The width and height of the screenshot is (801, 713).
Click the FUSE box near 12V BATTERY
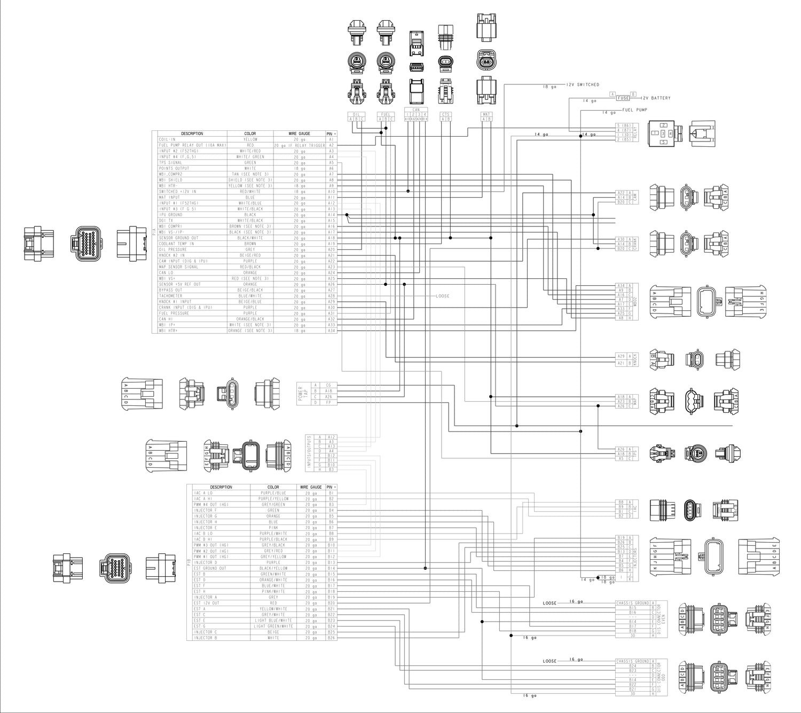point(623,98)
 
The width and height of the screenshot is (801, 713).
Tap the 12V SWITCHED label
point(583,85)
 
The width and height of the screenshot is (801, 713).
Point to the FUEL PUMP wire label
point(634,110)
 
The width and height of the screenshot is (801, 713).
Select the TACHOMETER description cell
point(170,296)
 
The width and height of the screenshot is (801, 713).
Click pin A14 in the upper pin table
point(331,215)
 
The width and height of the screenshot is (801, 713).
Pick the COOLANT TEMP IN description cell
point(176,244)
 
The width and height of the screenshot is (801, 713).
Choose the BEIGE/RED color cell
point(250,255)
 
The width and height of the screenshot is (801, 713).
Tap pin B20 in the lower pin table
point(331,603)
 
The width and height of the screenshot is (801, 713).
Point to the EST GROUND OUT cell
point(210,568)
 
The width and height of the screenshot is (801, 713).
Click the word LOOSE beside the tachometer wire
point(442,296)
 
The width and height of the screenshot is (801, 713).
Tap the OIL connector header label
point(356,114)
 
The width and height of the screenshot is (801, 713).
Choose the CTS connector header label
point(445,114)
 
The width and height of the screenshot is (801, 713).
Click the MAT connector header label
point(486,114)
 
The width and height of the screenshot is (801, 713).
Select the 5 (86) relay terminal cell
point(623,125)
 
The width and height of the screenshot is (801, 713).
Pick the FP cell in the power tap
point(328,402)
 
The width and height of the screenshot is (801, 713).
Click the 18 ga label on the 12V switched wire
point(549,87)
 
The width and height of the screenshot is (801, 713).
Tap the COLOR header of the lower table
point(273,487)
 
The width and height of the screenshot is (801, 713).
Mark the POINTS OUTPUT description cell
point(174,168)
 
